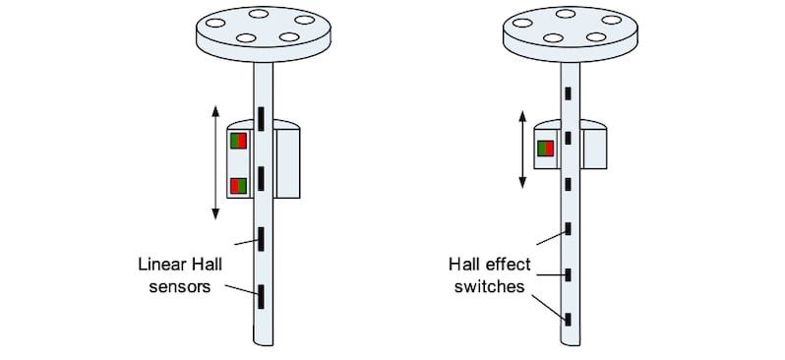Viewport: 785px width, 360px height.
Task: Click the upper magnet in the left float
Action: (239, 141)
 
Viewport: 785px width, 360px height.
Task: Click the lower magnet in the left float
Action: (239, 185)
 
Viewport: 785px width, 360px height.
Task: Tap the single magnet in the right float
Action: (544, 149)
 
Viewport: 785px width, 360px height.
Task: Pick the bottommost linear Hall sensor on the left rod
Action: (262, 294)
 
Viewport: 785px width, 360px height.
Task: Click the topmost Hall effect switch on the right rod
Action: (569, 94)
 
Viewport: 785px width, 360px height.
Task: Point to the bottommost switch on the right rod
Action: (569, 318)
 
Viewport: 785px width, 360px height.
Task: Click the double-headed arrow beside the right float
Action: (521, 150)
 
